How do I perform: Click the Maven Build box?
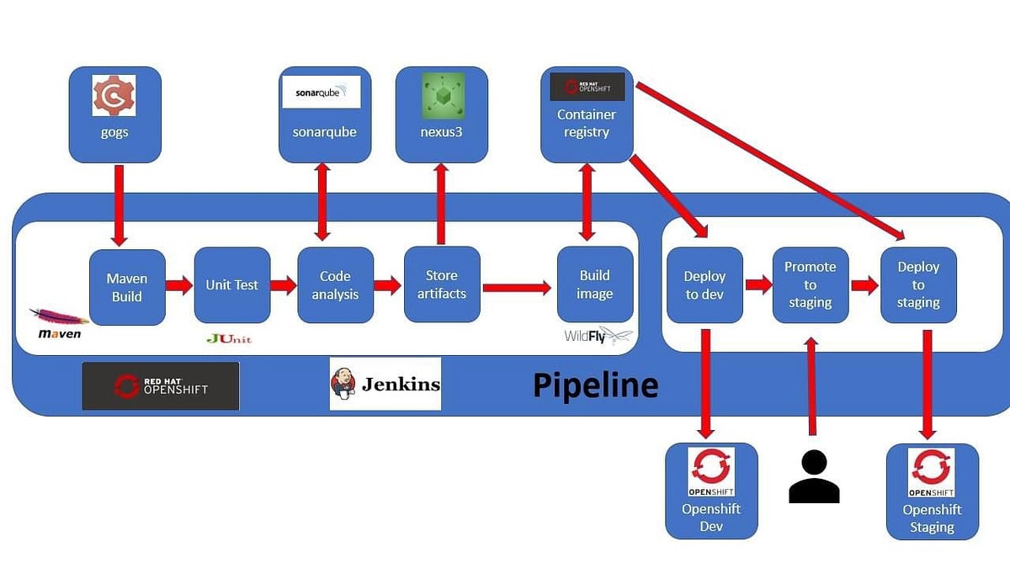coord(127,287)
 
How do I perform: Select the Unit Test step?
coord(232,285)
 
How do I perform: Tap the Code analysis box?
coord(335,285)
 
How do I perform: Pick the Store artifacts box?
coord(442,284)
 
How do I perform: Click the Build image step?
coord(595,284)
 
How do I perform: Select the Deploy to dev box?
coord(704,285)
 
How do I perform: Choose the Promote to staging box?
coord(811,285)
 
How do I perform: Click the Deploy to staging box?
coord(918,285)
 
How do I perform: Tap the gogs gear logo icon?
coord(114,96)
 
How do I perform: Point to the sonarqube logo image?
coord(321,93)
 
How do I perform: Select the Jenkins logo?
coord(385,385)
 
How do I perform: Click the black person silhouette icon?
coord(813,476)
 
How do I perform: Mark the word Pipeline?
coord(595,385)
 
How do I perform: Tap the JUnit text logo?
coord(229,339)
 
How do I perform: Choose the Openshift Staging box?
coord(932,491)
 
